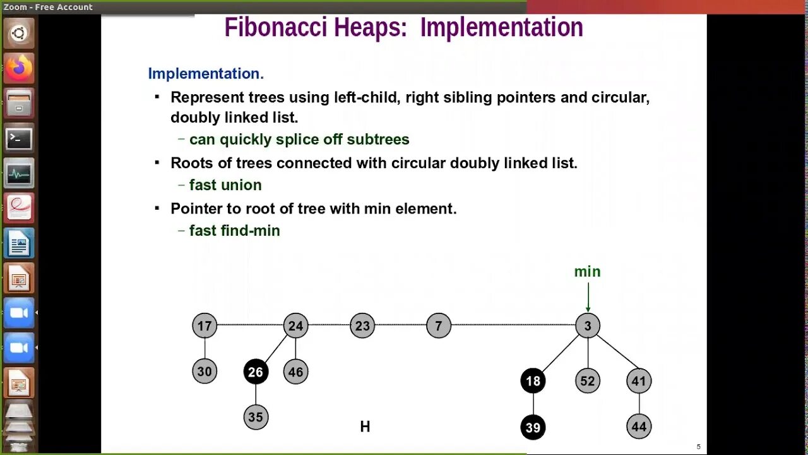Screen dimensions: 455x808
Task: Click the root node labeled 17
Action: pos(205,326)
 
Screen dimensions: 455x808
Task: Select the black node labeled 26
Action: pos(256,372)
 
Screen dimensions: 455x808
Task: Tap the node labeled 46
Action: pos(295,372)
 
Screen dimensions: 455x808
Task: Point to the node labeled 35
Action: pos(256,417)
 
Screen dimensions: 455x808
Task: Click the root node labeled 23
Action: pos(362,326)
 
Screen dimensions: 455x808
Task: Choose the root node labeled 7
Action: pos(439,326)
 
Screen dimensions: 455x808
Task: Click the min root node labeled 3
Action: pos(588,326)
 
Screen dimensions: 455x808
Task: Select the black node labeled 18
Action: pos(533,381)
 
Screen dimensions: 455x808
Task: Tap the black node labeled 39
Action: pos(533,428)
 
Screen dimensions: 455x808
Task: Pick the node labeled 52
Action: pos(588,381)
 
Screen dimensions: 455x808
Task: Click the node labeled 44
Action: pos(639,427)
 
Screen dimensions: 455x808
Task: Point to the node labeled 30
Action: pos(205,372)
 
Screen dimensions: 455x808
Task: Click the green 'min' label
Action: pos(587,272)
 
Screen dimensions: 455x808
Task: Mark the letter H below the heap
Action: pos(365,427)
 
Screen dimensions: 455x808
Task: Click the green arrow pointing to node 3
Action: pos(588,297)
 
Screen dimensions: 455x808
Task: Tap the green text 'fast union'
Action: pos(225,185)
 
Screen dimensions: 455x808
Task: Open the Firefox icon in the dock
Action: pos(19,67)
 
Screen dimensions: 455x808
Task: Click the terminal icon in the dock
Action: pos(19,138)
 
